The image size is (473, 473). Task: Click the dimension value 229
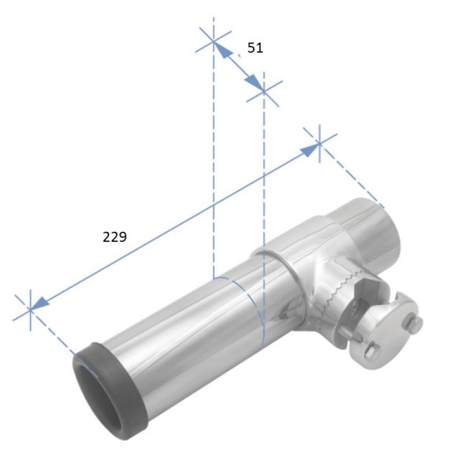point(116,236)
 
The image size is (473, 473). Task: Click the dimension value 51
point(255,48)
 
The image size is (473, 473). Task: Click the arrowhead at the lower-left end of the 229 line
point(41,303)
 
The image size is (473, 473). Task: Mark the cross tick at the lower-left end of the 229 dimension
point(30,308)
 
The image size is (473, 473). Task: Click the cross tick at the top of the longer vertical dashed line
point(214,42)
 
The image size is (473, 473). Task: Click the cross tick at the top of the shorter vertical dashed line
point(263,93)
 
